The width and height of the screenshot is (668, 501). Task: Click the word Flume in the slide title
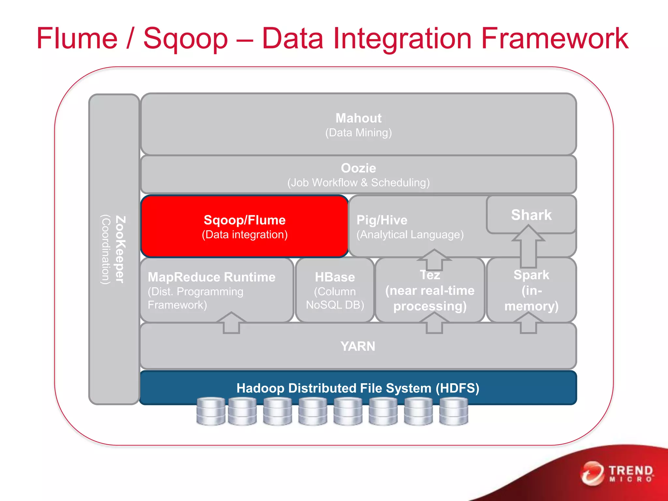(x=77, y=38)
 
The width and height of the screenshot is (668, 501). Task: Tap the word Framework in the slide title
(x=554, y=38)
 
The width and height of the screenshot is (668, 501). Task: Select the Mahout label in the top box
(x=358, y=118)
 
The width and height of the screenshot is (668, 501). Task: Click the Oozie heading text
(x=358, y=168)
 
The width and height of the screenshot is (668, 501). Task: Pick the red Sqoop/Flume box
(x=245, y=226)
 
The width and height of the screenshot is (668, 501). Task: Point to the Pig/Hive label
(x=382, y=220)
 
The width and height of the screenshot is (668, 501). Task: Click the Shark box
(x=531, y=215)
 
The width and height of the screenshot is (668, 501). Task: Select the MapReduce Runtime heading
(x=211, y=277)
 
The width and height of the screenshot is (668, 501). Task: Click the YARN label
(x=358, y=346)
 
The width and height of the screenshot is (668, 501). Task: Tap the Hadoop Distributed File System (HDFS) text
(x=358, y=388)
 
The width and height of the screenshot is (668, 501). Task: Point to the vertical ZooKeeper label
(x=119, y=249)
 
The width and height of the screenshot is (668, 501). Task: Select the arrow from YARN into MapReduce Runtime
(x=231, y=323)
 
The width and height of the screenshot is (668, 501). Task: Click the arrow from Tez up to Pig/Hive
(x=434, y=259)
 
